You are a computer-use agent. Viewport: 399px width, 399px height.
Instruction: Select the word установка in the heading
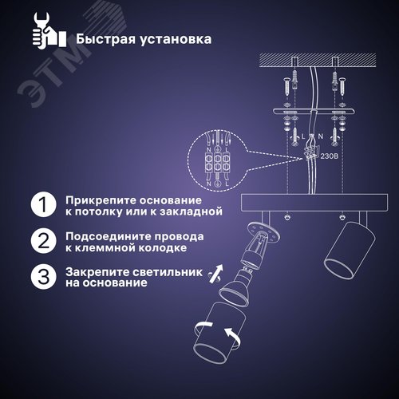tap(176, 38)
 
